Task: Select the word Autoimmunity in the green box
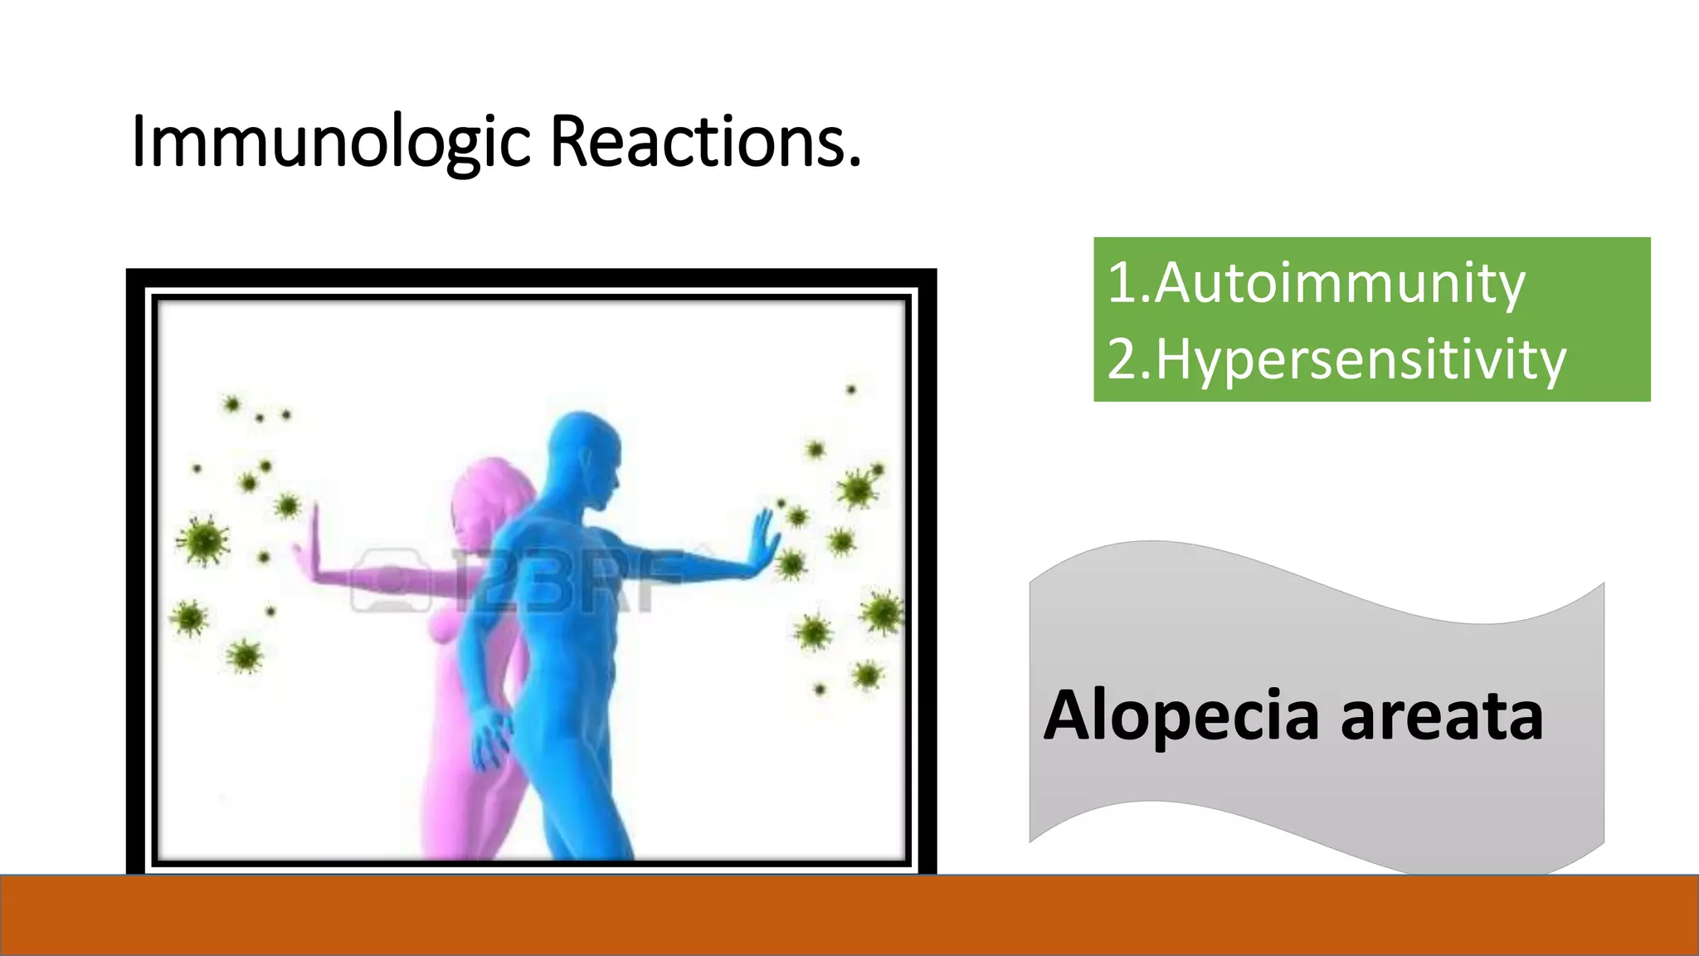click(1339, 283)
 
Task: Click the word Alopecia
click(1181, 715)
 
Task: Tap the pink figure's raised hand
click(311, 548)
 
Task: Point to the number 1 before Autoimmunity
click(1122, 283)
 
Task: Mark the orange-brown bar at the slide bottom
click(849, 915)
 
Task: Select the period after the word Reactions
click(854, 163)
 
